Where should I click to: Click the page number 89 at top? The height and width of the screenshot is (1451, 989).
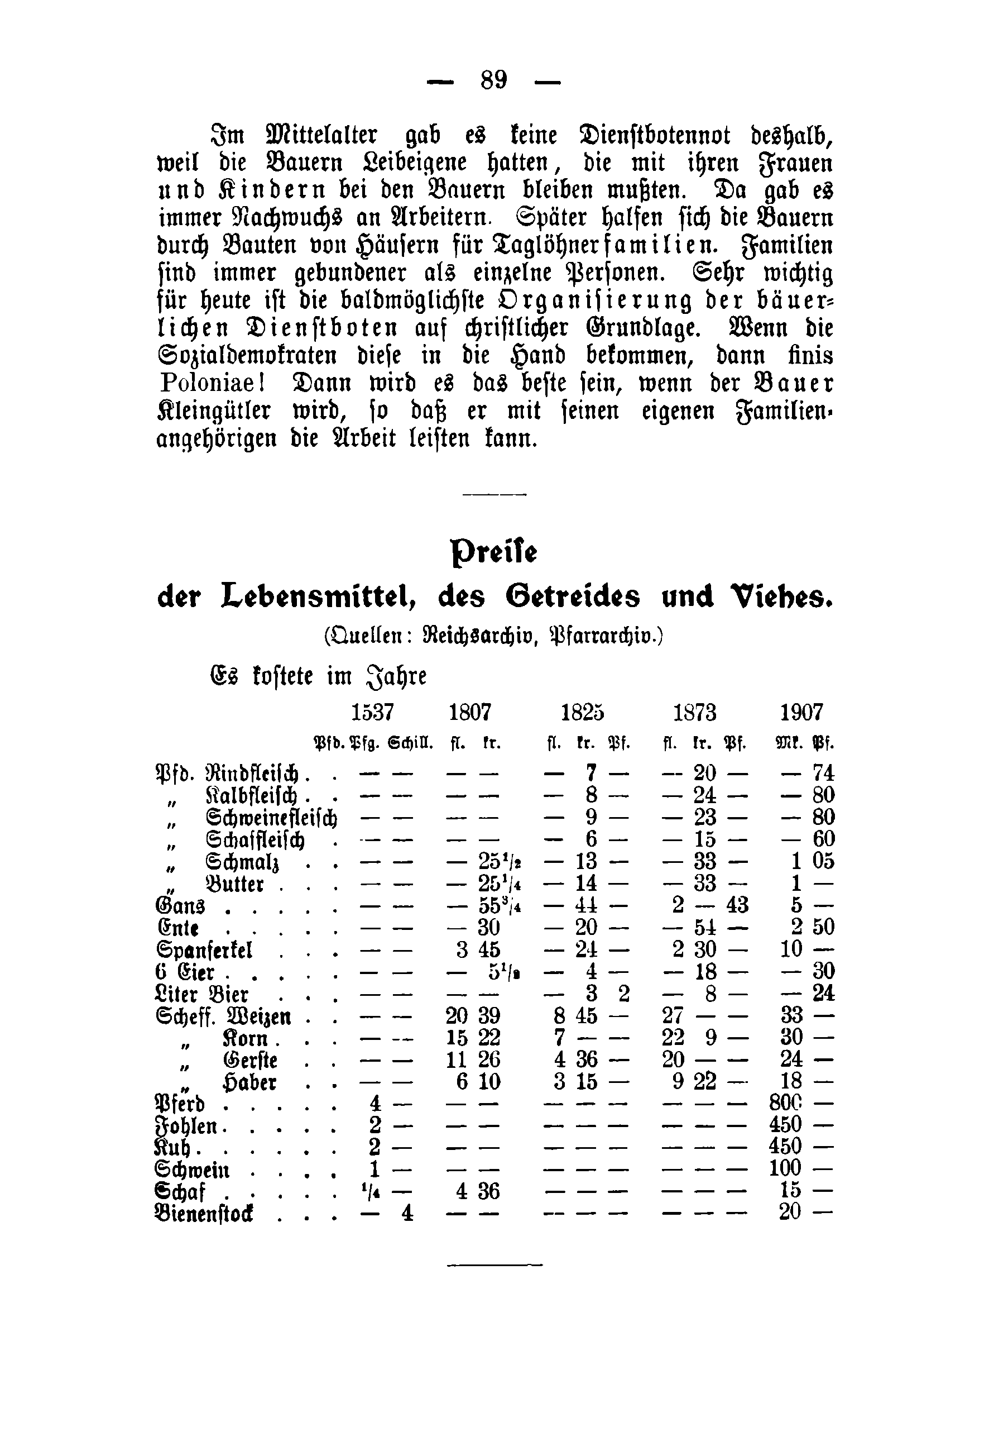[493, 80]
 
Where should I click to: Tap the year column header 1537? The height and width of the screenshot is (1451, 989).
[372, 712]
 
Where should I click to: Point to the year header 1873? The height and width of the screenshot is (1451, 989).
[694, 712]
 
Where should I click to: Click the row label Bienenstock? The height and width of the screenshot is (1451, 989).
[204, 1214]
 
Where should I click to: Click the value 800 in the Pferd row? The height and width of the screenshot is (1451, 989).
[785, 1103]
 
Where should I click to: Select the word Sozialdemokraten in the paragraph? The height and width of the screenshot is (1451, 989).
[247, 356]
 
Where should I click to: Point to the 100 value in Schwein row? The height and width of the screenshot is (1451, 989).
[785, 1168]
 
